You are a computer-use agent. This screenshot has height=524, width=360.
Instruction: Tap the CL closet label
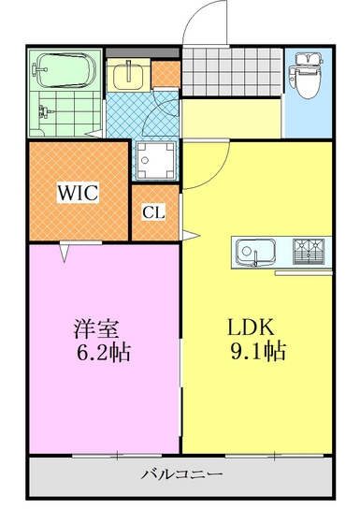[153, 212]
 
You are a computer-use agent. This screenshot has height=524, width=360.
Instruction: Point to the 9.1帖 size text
[256, 353]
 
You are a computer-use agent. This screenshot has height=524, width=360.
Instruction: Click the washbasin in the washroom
[124, 73]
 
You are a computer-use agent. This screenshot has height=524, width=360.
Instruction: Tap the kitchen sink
[255, 251]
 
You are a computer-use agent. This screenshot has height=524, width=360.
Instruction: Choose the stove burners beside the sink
[312, 251]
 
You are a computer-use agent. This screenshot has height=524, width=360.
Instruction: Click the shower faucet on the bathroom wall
[42, 112]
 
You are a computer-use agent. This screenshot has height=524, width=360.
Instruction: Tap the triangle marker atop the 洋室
[66, 250]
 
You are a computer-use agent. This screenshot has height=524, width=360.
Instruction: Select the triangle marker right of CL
[186, 233]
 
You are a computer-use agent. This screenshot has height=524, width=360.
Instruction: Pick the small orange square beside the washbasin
[165, 71]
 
